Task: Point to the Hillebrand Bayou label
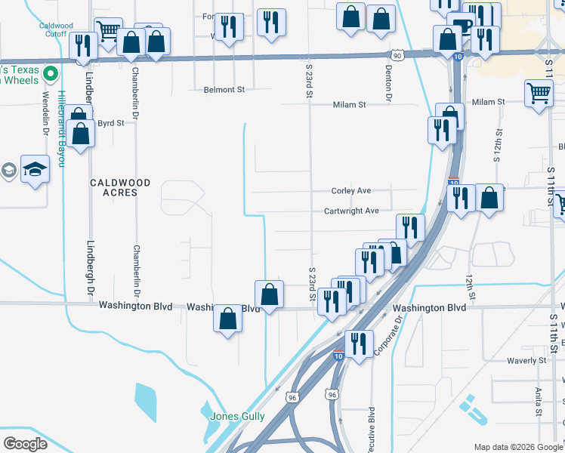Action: [x=62, y=129]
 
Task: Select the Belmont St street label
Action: [x=224, y=89]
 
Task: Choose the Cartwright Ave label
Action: [x=351, y=211]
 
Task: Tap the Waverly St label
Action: [x=526, y=361]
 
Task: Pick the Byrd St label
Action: [x=110, y=122]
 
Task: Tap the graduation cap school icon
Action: [x=35, y=170]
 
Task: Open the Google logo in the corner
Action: [x=25, y=444]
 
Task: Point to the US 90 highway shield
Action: [x=397, y=56]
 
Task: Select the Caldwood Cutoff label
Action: [x=57, y=30]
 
